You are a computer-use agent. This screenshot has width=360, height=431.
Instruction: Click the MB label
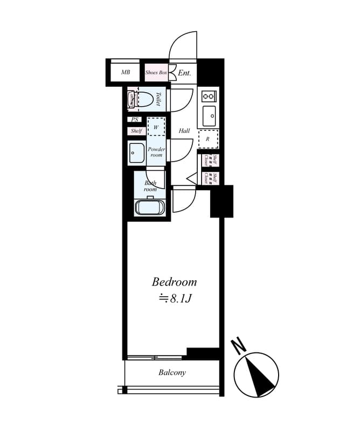click(x=125, y=72)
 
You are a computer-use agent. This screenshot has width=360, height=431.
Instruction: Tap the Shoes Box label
click(x=156, y=72)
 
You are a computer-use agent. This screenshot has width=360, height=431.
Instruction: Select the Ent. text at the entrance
click(x=184, y=72)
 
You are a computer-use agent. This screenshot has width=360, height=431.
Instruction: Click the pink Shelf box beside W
click(x=136, y=131)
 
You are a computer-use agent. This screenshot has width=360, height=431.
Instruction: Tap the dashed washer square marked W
click(x=156, y=127)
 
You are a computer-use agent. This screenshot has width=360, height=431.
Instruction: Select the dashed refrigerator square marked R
click(x=208, y=138)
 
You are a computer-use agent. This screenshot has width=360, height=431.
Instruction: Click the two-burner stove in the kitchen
click(x=208, y=96)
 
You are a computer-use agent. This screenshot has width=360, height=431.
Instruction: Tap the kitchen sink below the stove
click(x=208, y=115)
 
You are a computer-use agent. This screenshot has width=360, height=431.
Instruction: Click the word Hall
click(x=184, y=130)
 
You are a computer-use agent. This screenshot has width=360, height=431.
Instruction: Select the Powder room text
click(x=156, y=152)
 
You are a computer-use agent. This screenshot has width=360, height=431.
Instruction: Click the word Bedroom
click(x=174, y=282)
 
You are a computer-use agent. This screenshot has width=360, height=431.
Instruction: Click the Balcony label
click(x=172, y=372)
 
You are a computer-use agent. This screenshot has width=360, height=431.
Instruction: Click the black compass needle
click(x=261, y=379)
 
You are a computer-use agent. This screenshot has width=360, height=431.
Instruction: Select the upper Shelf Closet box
click(x=210, y=161)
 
